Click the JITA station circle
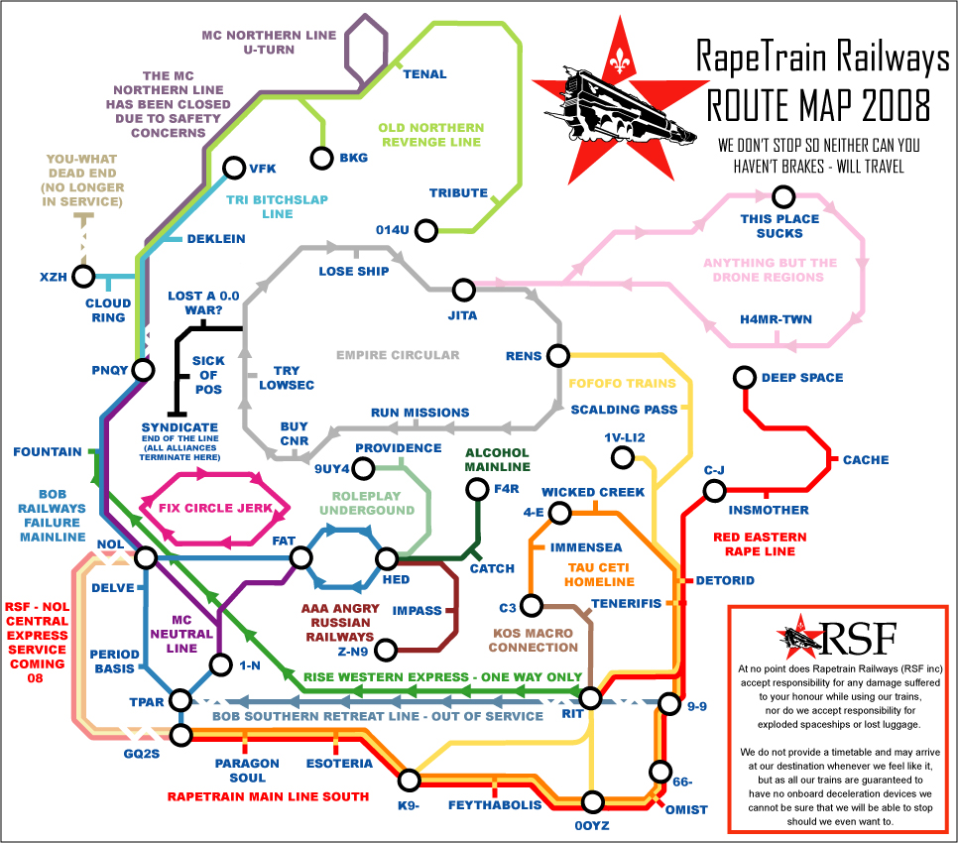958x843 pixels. [463, 290]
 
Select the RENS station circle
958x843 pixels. [559, 355]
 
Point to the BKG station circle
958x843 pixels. [321, 158]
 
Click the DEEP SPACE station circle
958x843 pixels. [744, 377]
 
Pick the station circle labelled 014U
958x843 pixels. [426, 231]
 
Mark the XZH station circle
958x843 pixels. [83, 276]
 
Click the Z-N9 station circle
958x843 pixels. [386, 650]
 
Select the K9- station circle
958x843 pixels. [408, 778]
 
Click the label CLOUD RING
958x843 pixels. [108, 310]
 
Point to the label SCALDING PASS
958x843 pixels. [624, 410]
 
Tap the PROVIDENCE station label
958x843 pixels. [399, 448]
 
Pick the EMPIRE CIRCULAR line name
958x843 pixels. [398, 355]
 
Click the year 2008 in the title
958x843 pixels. [889, 103]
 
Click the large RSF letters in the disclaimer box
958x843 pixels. [859, 636]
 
